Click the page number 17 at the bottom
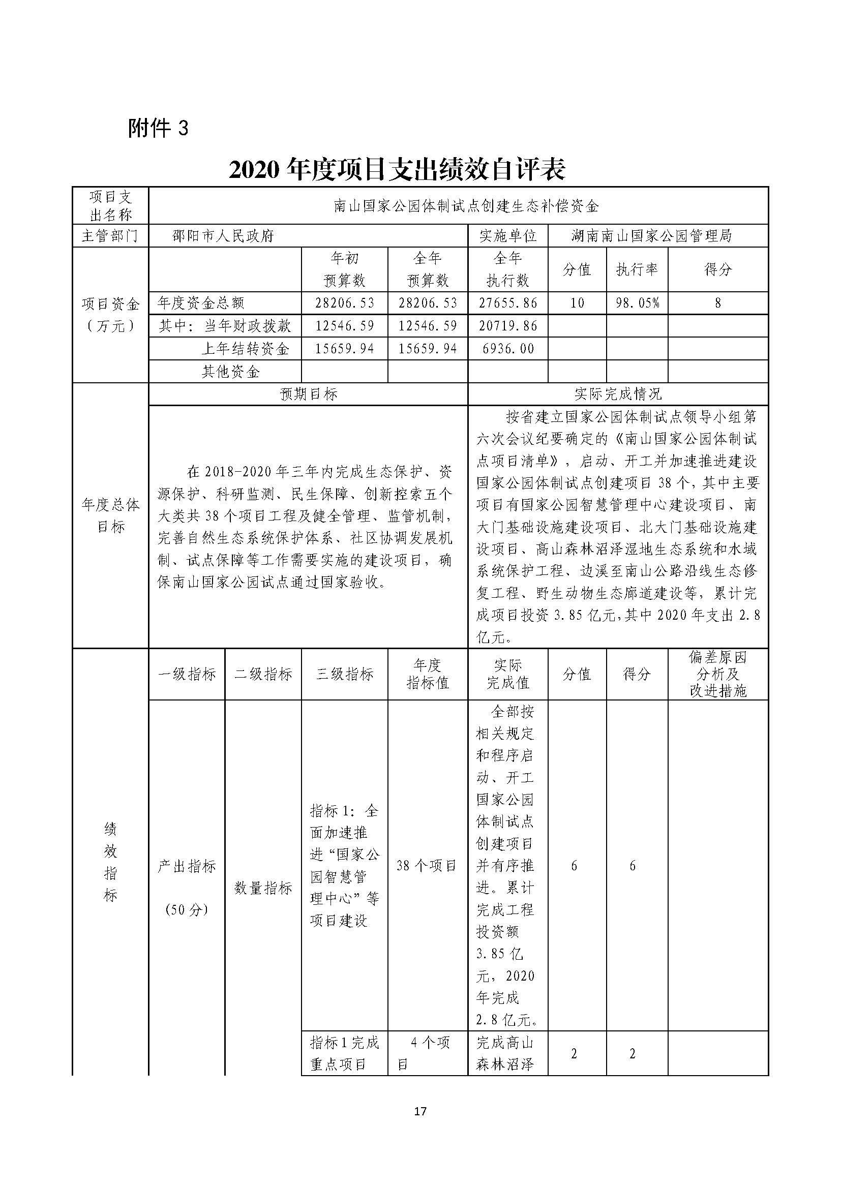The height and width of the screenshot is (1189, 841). (x=420, y=1111)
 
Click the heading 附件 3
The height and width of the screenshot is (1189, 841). (x=159, y=129)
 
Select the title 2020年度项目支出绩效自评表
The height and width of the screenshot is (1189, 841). (x=397, y=169)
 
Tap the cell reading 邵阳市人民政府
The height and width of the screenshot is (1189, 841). (x=223, y=236)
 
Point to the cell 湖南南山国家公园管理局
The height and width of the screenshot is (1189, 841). (x=651, y=236)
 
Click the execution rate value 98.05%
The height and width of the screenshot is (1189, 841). (x=637, y=302)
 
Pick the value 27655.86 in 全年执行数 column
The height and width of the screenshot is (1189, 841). (x=507, y=302)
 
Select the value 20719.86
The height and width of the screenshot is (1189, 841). (x=507, y=326)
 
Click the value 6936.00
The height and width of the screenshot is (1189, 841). (x=507, y=349)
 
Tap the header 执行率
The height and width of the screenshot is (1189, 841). (x=637, y=269)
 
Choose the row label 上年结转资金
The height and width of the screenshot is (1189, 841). (x=245, y=349)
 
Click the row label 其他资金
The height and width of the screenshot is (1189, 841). (x=230, y=371)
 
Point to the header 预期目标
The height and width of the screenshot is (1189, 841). (x=308, y=394)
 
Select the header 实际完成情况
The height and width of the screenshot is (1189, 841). (x=618, y=394)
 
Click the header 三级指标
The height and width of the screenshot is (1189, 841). (x=344, y=674)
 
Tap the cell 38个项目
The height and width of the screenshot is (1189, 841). (x=427, y=865)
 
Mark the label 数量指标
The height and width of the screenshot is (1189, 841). (x=263, y=888)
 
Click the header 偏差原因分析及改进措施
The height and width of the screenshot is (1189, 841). (x=718, y=674)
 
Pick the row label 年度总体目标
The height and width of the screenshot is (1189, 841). (x=110, y=515)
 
